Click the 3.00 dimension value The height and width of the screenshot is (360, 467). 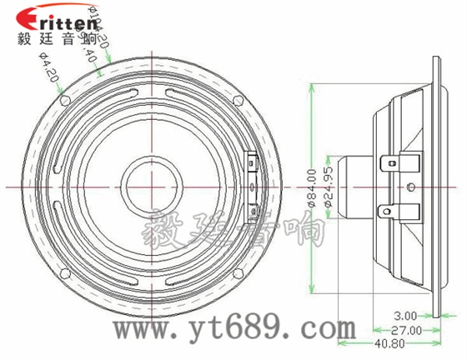pyautogui.click(x=405, y=317)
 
